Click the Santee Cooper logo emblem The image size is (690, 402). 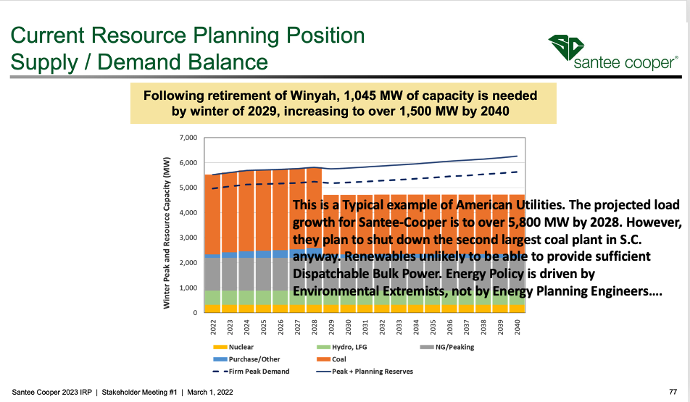click(x=565, y=48)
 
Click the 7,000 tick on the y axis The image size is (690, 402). click(x=187, y=138)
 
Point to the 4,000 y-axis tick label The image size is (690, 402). click(x=187, y=213)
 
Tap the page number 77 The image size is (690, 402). click(x=673, y=392)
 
